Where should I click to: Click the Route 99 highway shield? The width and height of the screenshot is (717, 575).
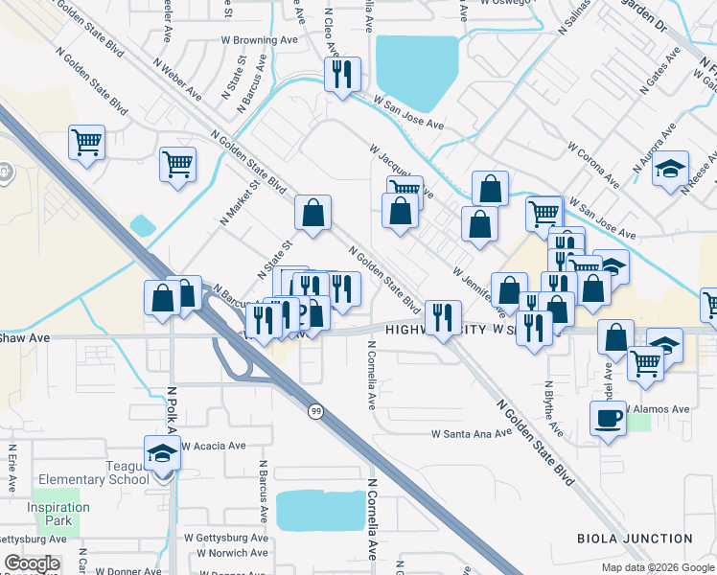[315, 411]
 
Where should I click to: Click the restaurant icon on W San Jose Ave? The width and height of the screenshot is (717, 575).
[342, 74]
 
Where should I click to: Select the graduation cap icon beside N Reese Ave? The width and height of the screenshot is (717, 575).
[670, 168]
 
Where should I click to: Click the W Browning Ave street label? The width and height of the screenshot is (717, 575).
[260, 40]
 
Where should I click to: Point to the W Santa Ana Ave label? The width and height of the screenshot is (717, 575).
[473, 434]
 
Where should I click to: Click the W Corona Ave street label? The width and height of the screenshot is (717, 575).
[592, 165]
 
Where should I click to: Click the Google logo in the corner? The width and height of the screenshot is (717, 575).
[32, 563]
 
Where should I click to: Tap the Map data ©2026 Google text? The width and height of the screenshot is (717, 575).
[658, 567]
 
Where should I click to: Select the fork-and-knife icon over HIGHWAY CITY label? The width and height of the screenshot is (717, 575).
[441, 316]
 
